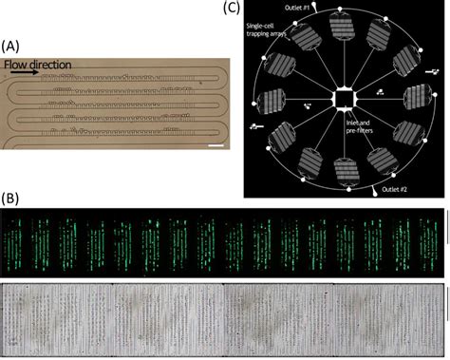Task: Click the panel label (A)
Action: (12, 45)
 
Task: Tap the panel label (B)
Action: (12, 199)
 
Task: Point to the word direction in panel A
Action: (54, 66)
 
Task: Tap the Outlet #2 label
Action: (394, 190)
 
